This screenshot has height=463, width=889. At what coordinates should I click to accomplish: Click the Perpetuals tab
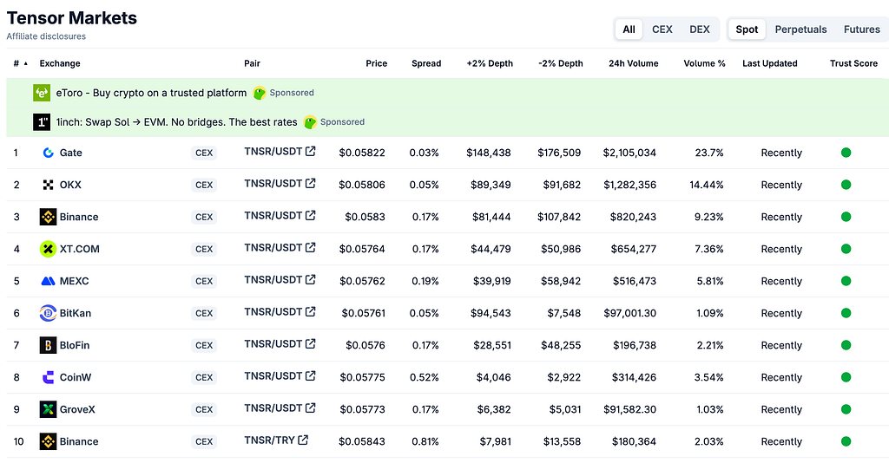800,29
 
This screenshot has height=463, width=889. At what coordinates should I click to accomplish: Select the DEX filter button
699,29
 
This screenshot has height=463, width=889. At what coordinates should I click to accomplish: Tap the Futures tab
861,29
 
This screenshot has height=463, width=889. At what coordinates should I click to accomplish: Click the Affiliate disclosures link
46,36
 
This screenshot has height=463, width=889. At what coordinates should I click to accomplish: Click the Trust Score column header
853,63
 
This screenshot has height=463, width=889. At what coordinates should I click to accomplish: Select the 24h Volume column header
633,63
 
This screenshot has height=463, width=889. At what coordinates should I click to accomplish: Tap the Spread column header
426,63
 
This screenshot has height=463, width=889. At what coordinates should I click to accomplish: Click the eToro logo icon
42,93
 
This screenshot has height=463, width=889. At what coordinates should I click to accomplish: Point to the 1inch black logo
42,121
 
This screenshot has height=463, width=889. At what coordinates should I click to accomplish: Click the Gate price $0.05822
362,153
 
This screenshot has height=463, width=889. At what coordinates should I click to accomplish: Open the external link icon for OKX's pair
310,184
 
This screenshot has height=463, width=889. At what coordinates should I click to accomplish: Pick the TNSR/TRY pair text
269,440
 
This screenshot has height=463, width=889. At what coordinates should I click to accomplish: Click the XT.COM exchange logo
48,249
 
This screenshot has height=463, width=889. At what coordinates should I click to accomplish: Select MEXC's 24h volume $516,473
635,281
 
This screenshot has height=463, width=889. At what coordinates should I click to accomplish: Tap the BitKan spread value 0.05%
424,313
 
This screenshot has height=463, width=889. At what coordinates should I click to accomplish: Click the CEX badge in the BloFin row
204,345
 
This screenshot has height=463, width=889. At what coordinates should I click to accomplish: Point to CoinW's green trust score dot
846,377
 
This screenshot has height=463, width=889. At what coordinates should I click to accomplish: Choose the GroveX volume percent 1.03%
710,409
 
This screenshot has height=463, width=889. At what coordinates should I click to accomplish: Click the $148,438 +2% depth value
489,153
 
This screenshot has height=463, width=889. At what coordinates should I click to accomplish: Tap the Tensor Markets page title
72,18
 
